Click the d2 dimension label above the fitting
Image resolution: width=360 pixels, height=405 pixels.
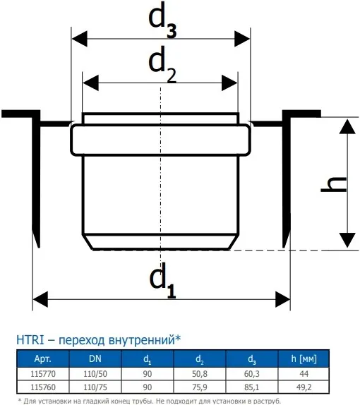[x=162, y=65]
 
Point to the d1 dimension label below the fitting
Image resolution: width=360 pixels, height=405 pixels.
[x=163, y=281]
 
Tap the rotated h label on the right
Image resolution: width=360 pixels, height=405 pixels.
[x=334, y=184]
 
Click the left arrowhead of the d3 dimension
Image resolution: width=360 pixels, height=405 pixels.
[x=79, y=39]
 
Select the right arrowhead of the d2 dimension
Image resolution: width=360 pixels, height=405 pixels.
[x=229, y=83]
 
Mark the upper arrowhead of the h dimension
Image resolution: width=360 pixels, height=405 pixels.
[x=347, y=126]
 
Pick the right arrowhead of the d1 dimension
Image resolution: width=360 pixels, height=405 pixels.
[x=282, y=300]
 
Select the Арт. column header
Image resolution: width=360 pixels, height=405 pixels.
[x=43, y=358]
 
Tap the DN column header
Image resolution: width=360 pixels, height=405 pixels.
[x=95, y=358]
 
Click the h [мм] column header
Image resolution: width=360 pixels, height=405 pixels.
[x=304, y=358]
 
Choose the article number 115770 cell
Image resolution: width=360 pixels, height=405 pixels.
[x=43, y=374]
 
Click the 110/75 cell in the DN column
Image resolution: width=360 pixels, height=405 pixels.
[x=95, y=387]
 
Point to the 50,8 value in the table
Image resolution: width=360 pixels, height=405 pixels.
[x=200, y=374]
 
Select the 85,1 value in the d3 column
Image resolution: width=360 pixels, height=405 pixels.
[x=252, y=387]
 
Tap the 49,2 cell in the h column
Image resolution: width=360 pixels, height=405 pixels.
[x=304, y=387]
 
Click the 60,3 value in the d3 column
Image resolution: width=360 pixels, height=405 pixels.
[x=252, y=374]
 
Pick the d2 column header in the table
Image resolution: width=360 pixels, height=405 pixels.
[x=200, y=359]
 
